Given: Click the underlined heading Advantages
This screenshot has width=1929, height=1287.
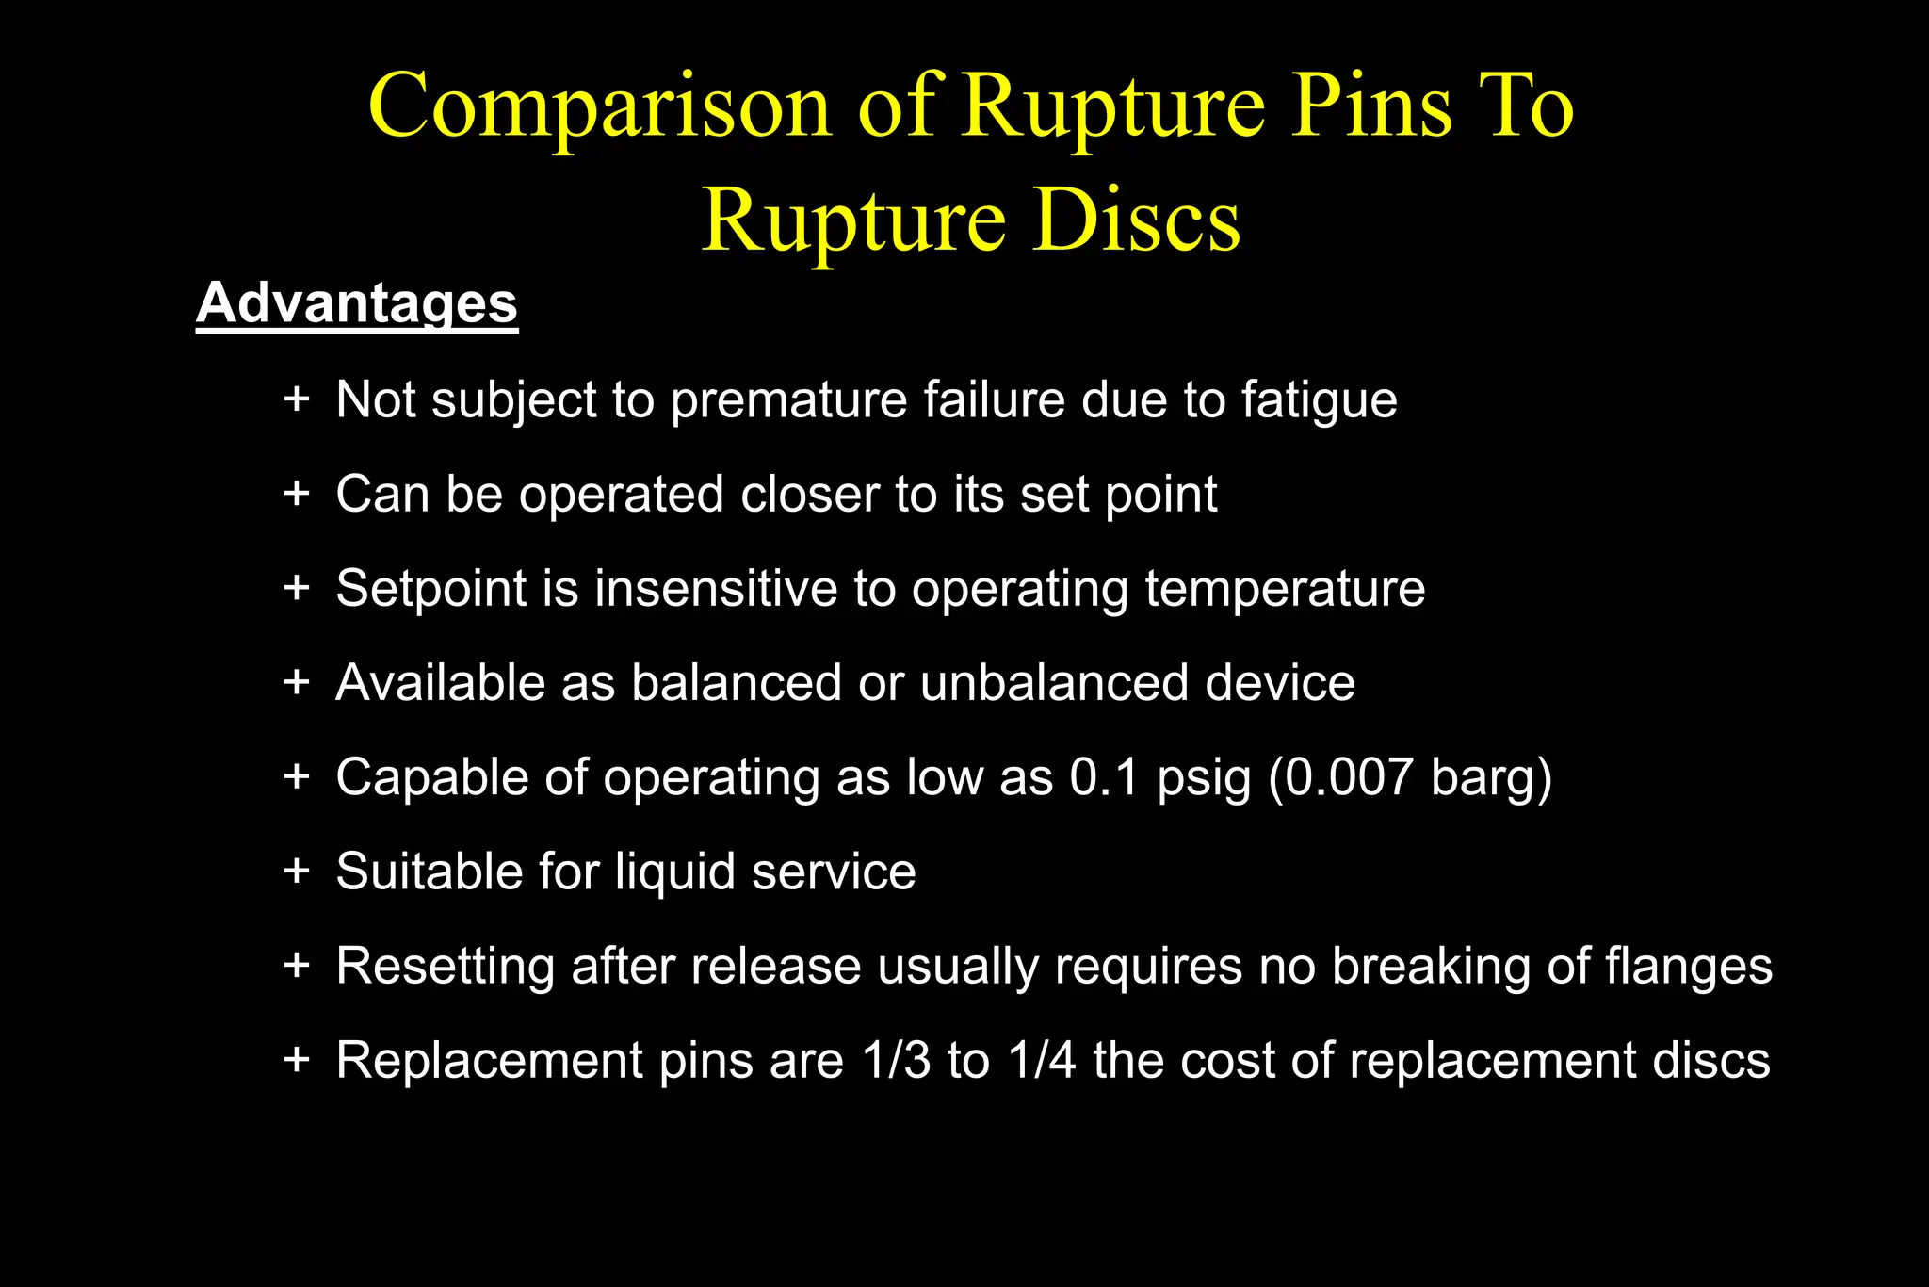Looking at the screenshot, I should [x=357, y=303].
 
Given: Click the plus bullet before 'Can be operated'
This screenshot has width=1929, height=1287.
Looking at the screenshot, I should [x=297, y=493].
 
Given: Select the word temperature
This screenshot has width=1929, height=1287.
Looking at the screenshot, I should [x=1285, y=589].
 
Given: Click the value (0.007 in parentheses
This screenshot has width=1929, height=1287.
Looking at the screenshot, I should [x=1340, y=777].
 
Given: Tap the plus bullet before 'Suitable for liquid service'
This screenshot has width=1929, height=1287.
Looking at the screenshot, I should [x=297, y=870].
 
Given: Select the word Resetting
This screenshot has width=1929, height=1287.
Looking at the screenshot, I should [x=445, y=966].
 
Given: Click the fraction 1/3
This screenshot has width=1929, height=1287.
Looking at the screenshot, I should [x=897, y=1060].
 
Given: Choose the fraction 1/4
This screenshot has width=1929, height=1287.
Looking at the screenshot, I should [x=1042, y=1060].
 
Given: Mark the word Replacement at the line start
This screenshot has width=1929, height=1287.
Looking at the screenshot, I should [x=489, y=1060].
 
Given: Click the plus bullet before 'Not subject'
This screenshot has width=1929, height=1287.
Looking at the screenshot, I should [x=297, y=399].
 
